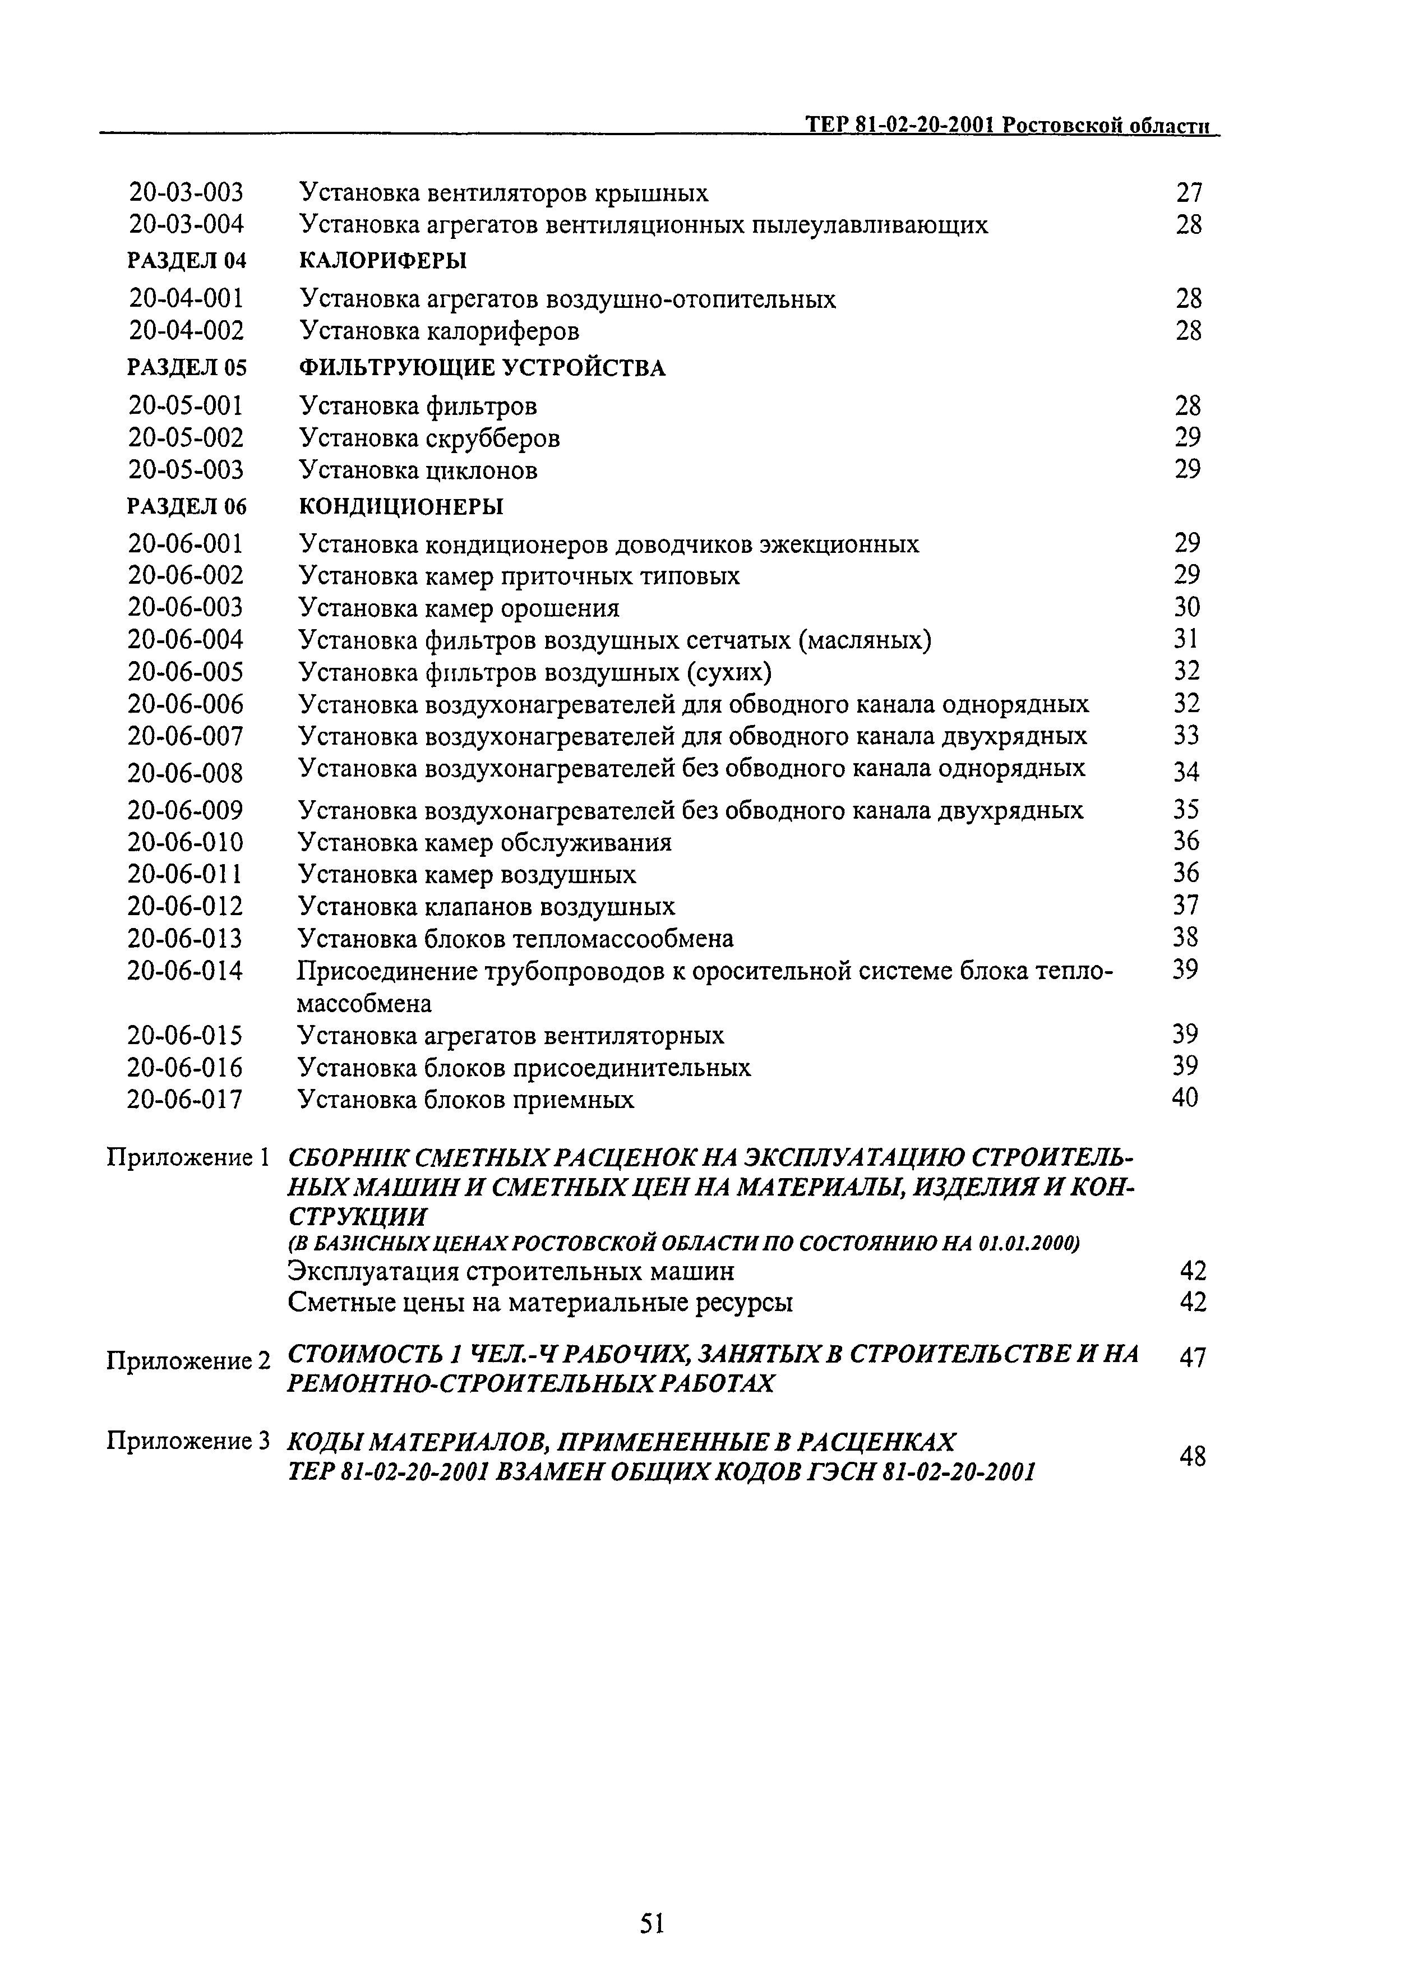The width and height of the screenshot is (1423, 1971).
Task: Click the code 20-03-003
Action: click(x=186, y=193)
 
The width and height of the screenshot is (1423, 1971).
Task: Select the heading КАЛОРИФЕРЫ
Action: click(x=382, y=261)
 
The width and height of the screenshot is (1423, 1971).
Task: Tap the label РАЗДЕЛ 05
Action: click(x=187, y=368)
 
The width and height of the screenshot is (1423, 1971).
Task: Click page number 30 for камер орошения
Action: click(x=1187, y=607)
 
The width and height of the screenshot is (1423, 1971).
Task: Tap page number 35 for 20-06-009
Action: click(x=1186, y=810)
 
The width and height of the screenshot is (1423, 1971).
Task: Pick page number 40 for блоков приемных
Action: click(x=1185, y=1098)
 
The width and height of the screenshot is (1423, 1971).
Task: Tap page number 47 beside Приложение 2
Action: click(x=1193, y=1358)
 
